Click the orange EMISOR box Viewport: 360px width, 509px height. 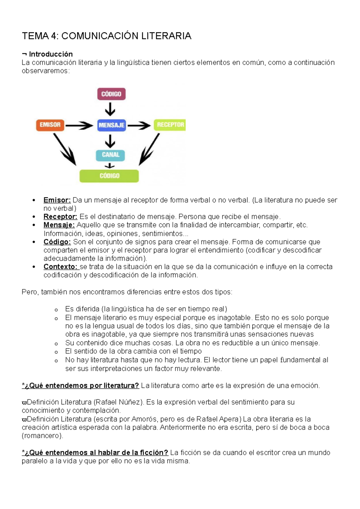(x=50, y=125)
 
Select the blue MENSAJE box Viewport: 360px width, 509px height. (x=111, y=125)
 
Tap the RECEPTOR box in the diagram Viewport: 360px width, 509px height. (x=170, y=125)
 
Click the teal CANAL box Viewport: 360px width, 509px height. (x=110, y=155)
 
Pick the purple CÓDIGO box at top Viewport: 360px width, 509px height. (x=111, y=94)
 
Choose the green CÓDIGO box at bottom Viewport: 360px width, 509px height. (x=109, y=176)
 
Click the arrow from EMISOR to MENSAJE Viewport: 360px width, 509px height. (x=79, y=125)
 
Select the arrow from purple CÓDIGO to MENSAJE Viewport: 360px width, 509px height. (x=110, y=109)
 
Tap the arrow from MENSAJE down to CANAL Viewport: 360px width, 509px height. (x=110, y=141)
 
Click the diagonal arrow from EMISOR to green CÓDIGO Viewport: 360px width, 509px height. (x=64, y=149)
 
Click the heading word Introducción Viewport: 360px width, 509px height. (x=51, y=54)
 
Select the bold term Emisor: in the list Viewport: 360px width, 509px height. (x=57, y=200)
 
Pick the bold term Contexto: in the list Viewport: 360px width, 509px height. (x=61, y=266)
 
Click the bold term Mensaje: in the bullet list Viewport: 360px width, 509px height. (x=59, y=225)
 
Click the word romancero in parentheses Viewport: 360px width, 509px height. (x=42, y=436)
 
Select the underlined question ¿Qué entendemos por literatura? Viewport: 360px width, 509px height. (x=80, y=385)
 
